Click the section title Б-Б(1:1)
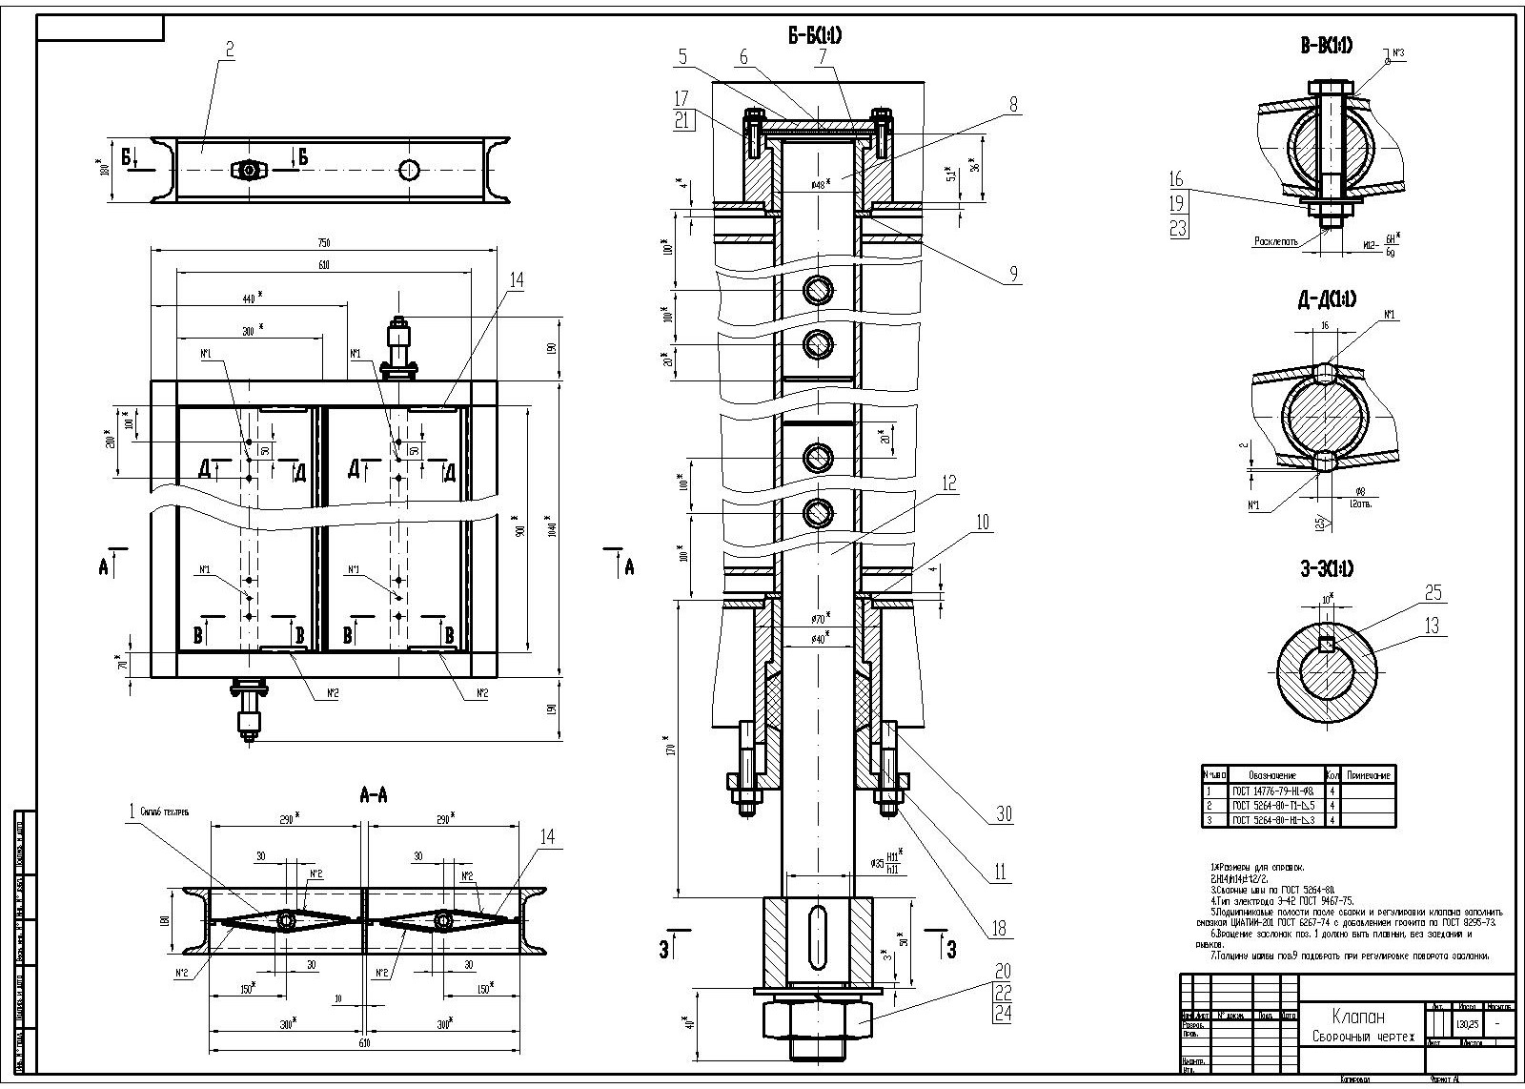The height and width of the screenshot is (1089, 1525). pos(814,36)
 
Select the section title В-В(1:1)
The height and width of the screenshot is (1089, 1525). pos(1326,44)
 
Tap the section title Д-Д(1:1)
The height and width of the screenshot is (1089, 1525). pos(1326,298)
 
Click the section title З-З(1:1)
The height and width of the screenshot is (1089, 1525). pos(1326,569)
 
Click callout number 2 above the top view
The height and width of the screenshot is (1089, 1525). pos(229,49)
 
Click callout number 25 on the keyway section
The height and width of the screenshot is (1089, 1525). pos(1433,593)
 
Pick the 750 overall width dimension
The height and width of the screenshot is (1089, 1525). pos(324,243)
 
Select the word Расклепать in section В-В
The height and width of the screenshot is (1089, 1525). pos(1275,242)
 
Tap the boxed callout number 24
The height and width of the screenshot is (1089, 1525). pos(1002,1014)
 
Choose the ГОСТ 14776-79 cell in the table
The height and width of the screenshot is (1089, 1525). pos(1273,791)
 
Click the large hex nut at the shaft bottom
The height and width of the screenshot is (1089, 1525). pos(817,1017)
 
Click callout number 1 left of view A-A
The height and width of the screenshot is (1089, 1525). pos(131,811)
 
